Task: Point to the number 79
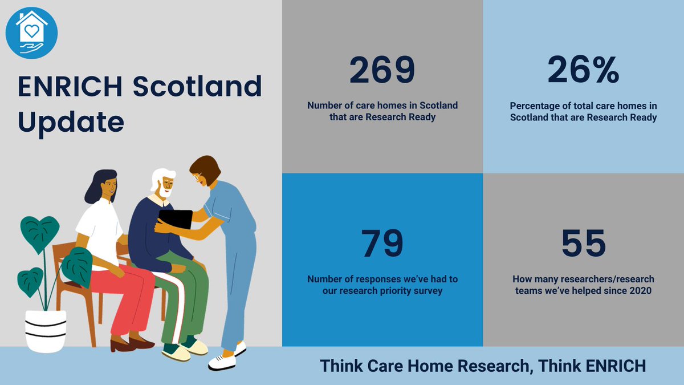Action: (382, 244)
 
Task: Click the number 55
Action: (583, 244)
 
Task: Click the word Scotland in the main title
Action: (197, 87)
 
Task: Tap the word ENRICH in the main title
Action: (70, 87)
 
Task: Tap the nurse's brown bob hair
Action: (205, 168)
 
